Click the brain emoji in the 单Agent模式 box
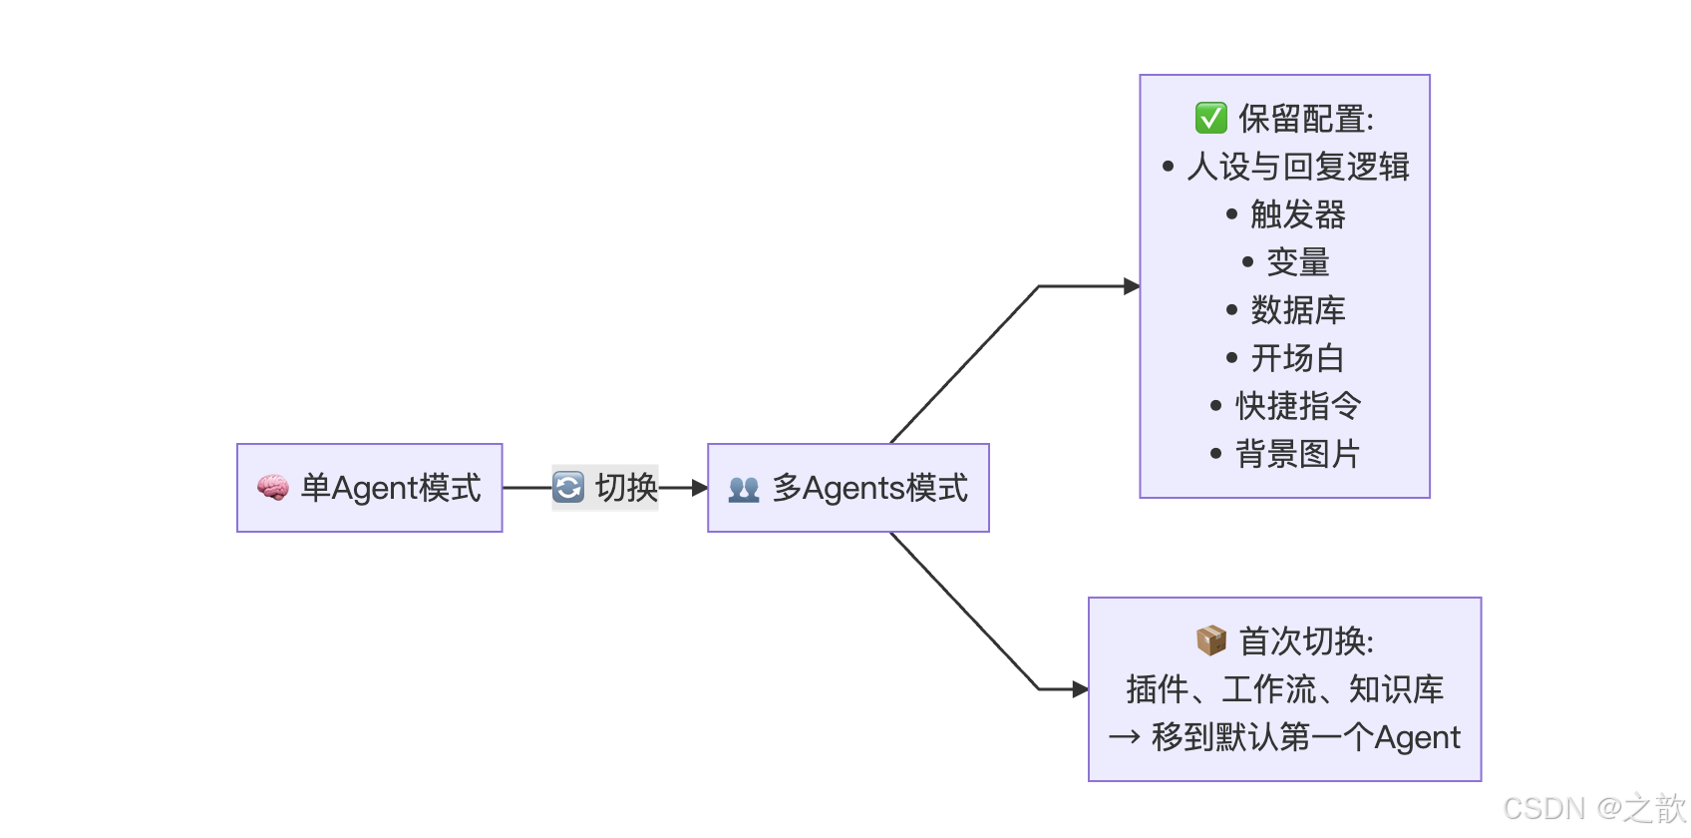click(272, 488)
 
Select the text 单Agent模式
click(391, 488)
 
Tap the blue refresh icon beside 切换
click(568, 488)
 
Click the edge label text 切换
click(626, 488)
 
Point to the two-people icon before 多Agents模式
click(744, 489)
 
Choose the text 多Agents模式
click(869, 488)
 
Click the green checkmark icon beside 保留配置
click(1210, 118)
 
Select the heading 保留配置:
click(1306, 119)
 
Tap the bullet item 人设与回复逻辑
click(1297, 167)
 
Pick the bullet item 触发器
click(1297, 214)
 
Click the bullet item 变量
click(1297, 262)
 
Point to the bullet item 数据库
click(1297, 310)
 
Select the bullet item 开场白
click(1297, 358)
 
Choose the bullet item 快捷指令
click(1297, 406)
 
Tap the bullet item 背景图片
click(1297, 454)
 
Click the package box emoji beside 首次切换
click(1210, 640)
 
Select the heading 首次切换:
click(1306, 641)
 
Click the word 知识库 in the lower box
click(1396, 689)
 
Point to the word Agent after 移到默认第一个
click(1417, 737)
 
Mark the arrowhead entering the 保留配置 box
click(1132, 286)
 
